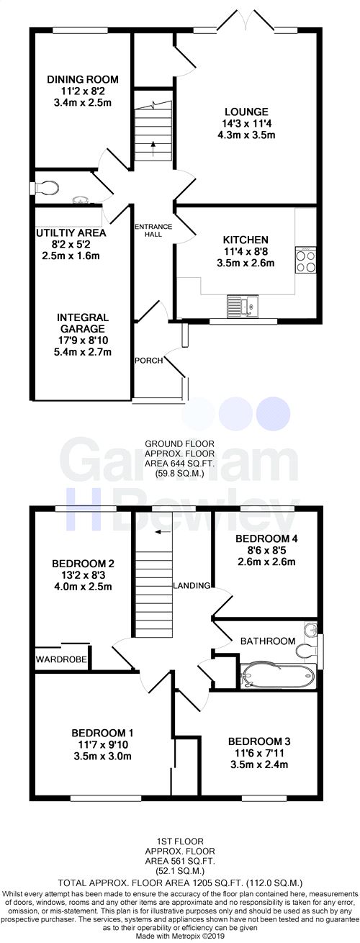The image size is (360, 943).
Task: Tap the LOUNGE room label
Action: tap(246, 112)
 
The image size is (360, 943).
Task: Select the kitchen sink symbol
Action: tap(238, 306)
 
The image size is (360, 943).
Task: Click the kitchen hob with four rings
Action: tap(304, 260)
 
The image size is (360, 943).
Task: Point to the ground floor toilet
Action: tap(45, 187)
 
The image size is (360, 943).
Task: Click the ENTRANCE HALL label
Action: tap(153, 230)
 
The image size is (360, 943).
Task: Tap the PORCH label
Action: tap(148, 360)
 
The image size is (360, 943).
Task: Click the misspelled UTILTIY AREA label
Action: tap(71, 233)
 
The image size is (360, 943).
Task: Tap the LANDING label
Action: tap(191, 585)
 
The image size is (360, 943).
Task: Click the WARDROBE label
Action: tap(62, 659)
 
